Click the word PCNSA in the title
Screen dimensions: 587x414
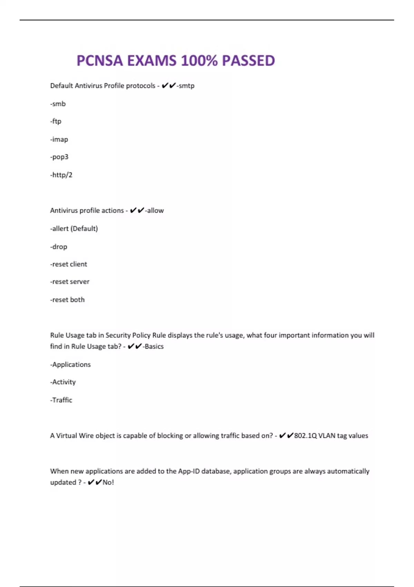pos(99,61)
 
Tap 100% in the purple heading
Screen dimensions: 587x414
pos(199,61)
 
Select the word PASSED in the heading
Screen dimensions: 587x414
pos(248,61)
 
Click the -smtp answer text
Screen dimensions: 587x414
pos(186,86)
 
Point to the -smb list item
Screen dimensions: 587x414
pos(58,104)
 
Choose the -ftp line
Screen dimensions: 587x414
pos(56,121)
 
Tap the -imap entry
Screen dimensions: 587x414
pos(59,139)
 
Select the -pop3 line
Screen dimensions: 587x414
pos(59,157)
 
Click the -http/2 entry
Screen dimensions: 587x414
pos(61,175)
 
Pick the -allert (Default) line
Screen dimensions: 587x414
pos(74,229)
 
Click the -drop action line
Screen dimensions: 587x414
pos(59,247)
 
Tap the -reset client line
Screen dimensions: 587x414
pos(69,264)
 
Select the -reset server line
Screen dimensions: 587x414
pos(70,282)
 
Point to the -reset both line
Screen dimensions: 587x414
pos(68,300)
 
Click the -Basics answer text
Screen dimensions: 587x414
pos(154,346)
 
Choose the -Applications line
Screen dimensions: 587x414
pos(71,364)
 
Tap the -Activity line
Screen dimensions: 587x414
pos(63,382)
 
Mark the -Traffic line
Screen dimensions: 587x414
pos(61,400)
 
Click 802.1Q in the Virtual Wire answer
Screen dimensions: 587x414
pos(305,436)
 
